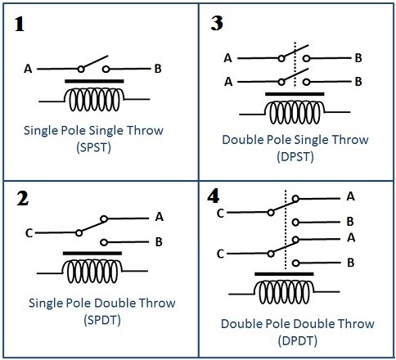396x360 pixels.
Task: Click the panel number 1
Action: pos(20,25)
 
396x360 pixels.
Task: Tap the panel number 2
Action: pos(22,198)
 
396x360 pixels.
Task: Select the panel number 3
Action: pos(217,23)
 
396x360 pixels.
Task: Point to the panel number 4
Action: pos(213,196)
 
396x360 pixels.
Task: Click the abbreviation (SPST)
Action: pos(94,147)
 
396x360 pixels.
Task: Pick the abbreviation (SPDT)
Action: pos(102,320)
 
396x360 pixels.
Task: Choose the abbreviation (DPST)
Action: pos(295,157)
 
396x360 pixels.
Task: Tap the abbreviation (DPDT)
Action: pos(298,341)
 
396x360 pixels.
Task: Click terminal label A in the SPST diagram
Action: pos(28,69)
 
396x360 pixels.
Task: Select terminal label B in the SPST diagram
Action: pos(158,69)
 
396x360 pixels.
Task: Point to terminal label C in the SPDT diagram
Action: pos(29,233)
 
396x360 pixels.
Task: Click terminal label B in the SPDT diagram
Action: pos(159,242)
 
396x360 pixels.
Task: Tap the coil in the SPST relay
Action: pos(94,100)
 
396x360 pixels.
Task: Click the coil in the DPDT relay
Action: pos(284,292)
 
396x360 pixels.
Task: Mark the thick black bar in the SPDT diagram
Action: pos(92,254)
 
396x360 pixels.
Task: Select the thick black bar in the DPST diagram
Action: pos(295,94)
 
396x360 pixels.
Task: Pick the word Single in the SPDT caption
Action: pos(46,304)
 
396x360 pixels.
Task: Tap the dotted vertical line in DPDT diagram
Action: pos(286,230)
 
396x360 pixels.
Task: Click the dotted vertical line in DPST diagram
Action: pos(295,65)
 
